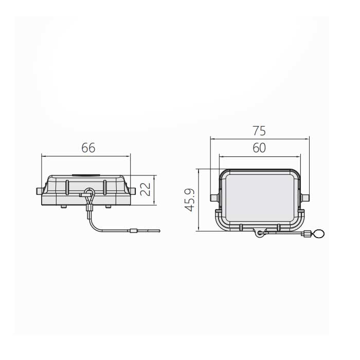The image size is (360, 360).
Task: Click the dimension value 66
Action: [x=88, y=148]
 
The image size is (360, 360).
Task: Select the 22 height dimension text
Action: [x=145, y=189]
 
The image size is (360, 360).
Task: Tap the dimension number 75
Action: [x=259, y=131]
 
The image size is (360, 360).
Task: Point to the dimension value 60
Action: [x=259, y=148]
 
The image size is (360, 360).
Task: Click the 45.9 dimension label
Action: [x=190, y=200]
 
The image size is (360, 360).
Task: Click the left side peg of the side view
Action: [x=39, y=191]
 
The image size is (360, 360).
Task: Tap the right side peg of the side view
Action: [x=133, y=191]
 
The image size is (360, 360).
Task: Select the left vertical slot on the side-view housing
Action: [x=67, y=187]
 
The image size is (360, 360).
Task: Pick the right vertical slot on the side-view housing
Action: [x=105, y=187]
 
